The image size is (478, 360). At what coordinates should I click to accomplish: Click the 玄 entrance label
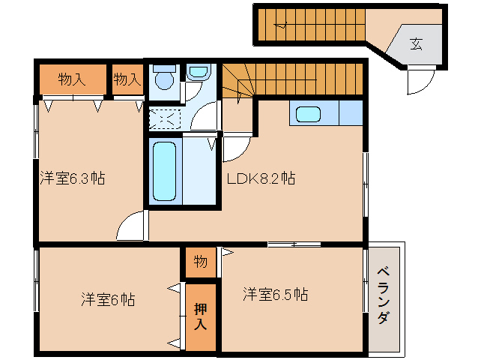tap(416, 44)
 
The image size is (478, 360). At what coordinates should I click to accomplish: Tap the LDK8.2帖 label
tap(261, 178)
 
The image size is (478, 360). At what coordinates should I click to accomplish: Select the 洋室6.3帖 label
tap(73, 178)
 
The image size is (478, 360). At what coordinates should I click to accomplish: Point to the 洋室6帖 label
tap(108, 299)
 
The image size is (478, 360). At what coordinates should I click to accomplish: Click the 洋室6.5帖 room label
tap(275, 294)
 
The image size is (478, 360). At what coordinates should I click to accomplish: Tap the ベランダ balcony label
tap(384, 295)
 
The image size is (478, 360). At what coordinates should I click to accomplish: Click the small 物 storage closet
tap(201, 262)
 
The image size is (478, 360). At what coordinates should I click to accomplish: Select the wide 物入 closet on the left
tap(73, 79)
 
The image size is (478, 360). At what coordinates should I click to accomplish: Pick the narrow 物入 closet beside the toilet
tap(127, 79)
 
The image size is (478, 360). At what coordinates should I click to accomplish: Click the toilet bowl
tap(164, 77)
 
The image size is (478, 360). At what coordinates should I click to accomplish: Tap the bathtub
tap(164, 172)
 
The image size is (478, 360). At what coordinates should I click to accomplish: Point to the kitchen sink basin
tap(308, 114)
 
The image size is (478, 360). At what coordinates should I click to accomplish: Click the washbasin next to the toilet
tap(198, 72)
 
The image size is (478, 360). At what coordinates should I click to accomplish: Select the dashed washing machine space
tap(165, 118)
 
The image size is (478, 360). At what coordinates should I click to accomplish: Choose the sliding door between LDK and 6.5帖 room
tap(294, 244)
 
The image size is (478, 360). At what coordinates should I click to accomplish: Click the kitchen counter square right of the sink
tap(351, 112)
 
